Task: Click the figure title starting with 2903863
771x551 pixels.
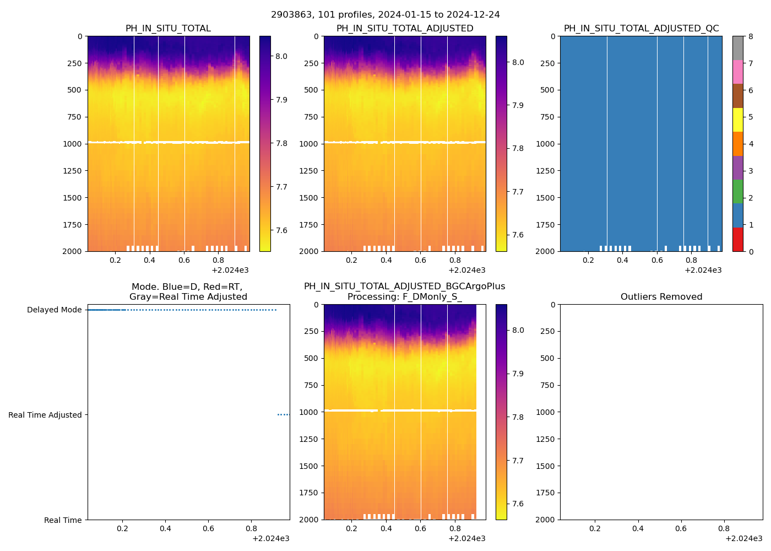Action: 385,15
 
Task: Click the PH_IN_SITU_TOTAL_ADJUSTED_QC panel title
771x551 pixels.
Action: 641,29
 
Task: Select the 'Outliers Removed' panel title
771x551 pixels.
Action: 661,297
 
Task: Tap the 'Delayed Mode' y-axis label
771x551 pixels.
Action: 54,310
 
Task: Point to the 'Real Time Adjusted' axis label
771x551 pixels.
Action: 45,415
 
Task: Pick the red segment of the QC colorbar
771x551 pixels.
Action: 738,240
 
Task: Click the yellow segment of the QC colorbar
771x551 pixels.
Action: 738,120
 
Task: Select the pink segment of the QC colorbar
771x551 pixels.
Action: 738,72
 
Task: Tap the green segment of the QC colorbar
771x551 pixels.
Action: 738,192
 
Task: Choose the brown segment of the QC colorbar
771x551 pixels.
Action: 738,96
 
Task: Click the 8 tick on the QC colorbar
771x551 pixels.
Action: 750,37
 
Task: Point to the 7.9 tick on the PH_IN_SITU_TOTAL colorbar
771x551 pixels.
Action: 281,100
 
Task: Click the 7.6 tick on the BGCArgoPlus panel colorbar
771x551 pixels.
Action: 518,504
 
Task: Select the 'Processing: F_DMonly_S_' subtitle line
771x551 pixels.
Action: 405,297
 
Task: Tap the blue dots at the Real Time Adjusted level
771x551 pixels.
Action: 283,415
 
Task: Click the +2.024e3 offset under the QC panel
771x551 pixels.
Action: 703,271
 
